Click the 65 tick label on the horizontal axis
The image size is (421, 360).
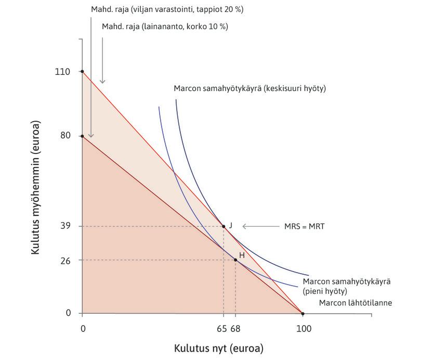tap(221, 329)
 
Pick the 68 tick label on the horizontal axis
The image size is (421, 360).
tap(235, 329)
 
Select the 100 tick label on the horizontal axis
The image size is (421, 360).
tap(303, 329)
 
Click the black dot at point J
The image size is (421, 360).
tap(223, 226)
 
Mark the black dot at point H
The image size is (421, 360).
tap(235, 260)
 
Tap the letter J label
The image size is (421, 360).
tap(230, 225)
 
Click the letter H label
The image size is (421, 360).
tap(242, 255)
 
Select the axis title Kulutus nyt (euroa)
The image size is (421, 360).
tap(218, 348)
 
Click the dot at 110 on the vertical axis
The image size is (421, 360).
tap(82, 71)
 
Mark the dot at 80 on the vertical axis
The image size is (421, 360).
tap(82, 136)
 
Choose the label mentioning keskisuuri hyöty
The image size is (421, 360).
tap(249, 89)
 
